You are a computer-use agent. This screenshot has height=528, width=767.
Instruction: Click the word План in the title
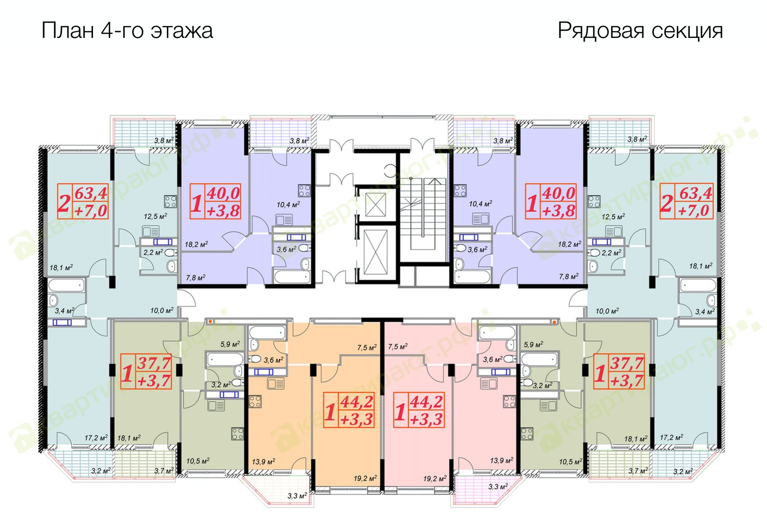(68, 30)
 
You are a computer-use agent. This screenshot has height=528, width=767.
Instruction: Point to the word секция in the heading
(687, 31)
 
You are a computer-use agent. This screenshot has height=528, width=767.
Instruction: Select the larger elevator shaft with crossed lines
(376, 252)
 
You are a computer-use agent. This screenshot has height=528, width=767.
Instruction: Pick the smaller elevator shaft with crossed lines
(376, 204)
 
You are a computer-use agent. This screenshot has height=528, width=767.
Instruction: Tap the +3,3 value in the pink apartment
(427, 420)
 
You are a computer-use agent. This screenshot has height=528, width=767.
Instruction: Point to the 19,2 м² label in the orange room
(365, 478)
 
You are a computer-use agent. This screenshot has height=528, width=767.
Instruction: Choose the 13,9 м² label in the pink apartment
(501, 460)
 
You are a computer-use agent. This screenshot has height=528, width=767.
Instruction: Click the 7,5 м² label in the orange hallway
(367, 348)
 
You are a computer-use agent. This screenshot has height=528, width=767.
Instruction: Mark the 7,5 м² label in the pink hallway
(398, 347)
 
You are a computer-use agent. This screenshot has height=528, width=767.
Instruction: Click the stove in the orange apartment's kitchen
(255, 401)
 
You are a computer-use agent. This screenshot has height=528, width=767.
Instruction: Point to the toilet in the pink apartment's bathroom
(510, 359)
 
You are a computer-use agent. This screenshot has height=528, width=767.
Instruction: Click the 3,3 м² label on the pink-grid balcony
(498, 486)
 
